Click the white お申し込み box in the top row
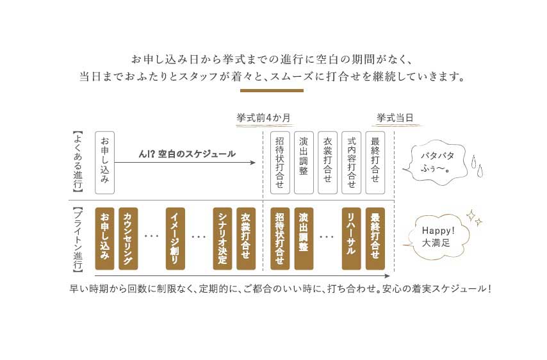(x=104, y=163)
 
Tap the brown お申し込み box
(x=104, y=238)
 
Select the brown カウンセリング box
(x=128, y=238)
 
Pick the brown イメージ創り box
(x=175, y=238)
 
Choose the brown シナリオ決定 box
(x=222, y=238)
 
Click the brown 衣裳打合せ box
(x=246, y=238)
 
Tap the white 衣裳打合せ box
(x=327, y=163)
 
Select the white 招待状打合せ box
(x=280, y=163)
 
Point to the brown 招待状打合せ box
(x=280, y=238)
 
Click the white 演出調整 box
(x=304, y=163)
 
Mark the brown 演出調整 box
(x=304, y=238)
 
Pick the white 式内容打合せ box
(x=351, y=163)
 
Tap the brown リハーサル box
(x=351, y=238)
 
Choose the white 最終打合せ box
(x=375, y=163)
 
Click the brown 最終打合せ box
(x=375, y=238)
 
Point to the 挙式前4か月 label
(x=264, y=118)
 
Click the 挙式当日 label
(x=395, y=118)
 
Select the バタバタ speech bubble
(x=436, y=162)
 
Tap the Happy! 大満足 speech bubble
(x=437, y=236)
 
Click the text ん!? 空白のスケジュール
(x=187, y=154)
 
